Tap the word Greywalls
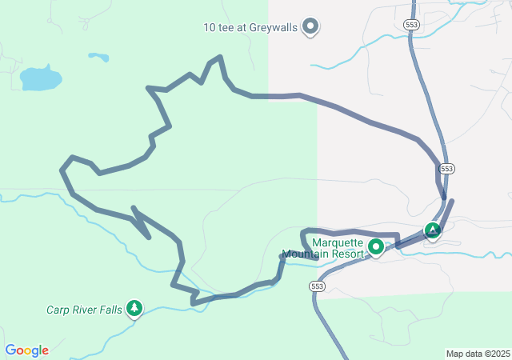[273, 27]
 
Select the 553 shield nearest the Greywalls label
[412, 26]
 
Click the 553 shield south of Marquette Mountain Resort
[318, 286]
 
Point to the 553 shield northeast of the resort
[446, 169]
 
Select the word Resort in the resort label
[346, 254]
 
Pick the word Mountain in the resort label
[303, 254]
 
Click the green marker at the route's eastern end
[433, 231]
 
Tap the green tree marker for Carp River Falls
[134, 308]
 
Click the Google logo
[26, 350]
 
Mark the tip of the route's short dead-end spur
[149, 237]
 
